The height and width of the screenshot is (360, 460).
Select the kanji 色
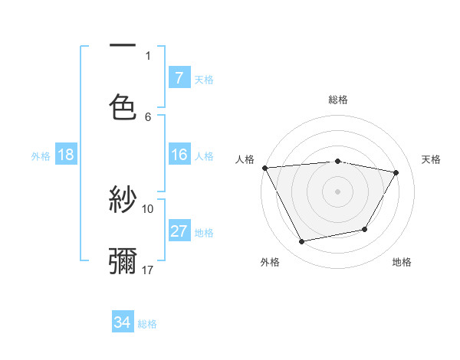123,107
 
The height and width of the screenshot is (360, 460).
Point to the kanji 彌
123,260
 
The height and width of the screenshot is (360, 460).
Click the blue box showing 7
179,78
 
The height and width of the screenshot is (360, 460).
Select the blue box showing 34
123,322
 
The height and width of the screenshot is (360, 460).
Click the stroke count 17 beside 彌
148,270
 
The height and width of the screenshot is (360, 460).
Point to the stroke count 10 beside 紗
148,208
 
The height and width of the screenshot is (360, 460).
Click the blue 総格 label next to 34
147,324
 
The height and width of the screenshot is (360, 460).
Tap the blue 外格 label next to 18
41,156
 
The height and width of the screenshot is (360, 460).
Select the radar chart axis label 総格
338,100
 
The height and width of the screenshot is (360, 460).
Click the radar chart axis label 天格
432,159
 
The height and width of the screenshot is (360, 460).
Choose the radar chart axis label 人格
245,159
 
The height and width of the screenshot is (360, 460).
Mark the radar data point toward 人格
264,167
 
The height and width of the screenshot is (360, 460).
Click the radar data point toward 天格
396,173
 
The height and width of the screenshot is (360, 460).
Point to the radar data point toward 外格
301,242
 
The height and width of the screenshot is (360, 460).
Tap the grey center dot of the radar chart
338,191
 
